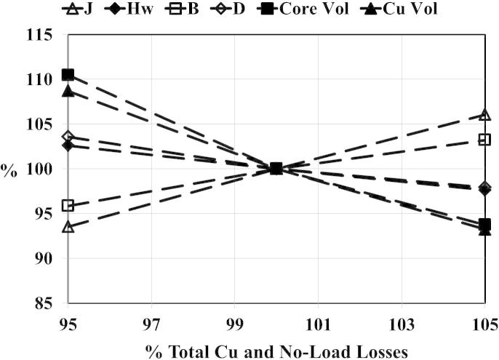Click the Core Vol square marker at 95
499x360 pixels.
[68, 75]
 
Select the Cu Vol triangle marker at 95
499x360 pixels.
[68, 91]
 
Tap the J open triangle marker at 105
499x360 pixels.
[484, 115]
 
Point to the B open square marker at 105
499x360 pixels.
[484, 140]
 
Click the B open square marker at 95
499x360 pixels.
[68, 206]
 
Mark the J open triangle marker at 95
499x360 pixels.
[68, 227]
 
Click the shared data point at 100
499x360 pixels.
[276, 168]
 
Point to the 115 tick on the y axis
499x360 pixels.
[43, 35]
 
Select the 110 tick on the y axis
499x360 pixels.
[43, 79]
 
